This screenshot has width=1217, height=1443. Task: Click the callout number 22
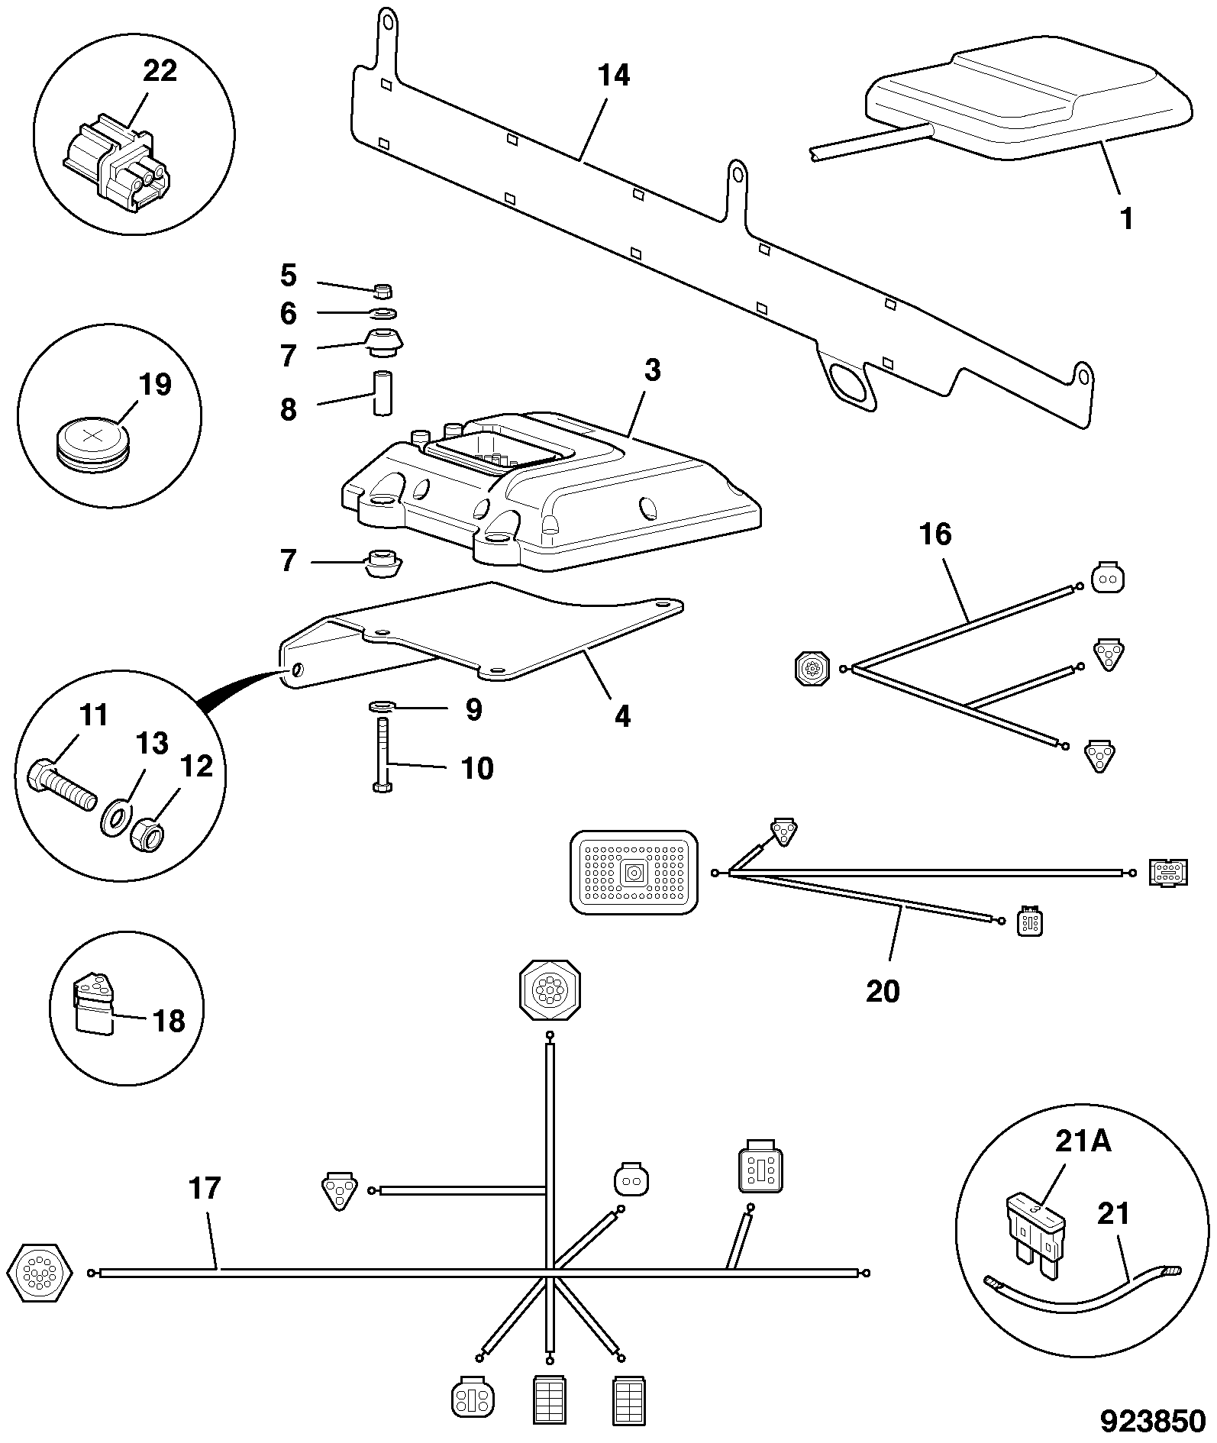[x=160, y=71]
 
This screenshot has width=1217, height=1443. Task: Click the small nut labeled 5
[x=383, y=290]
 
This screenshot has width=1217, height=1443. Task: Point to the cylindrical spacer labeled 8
[x=382, y=392]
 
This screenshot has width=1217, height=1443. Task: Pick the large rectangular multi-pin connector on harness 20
[x=634, y=873]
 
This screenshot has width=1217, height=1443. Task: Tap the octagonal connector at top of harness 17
[x=550, y=991]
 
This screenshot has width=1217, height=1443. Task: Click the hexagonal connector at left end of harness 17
[x=39, y=1273]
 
